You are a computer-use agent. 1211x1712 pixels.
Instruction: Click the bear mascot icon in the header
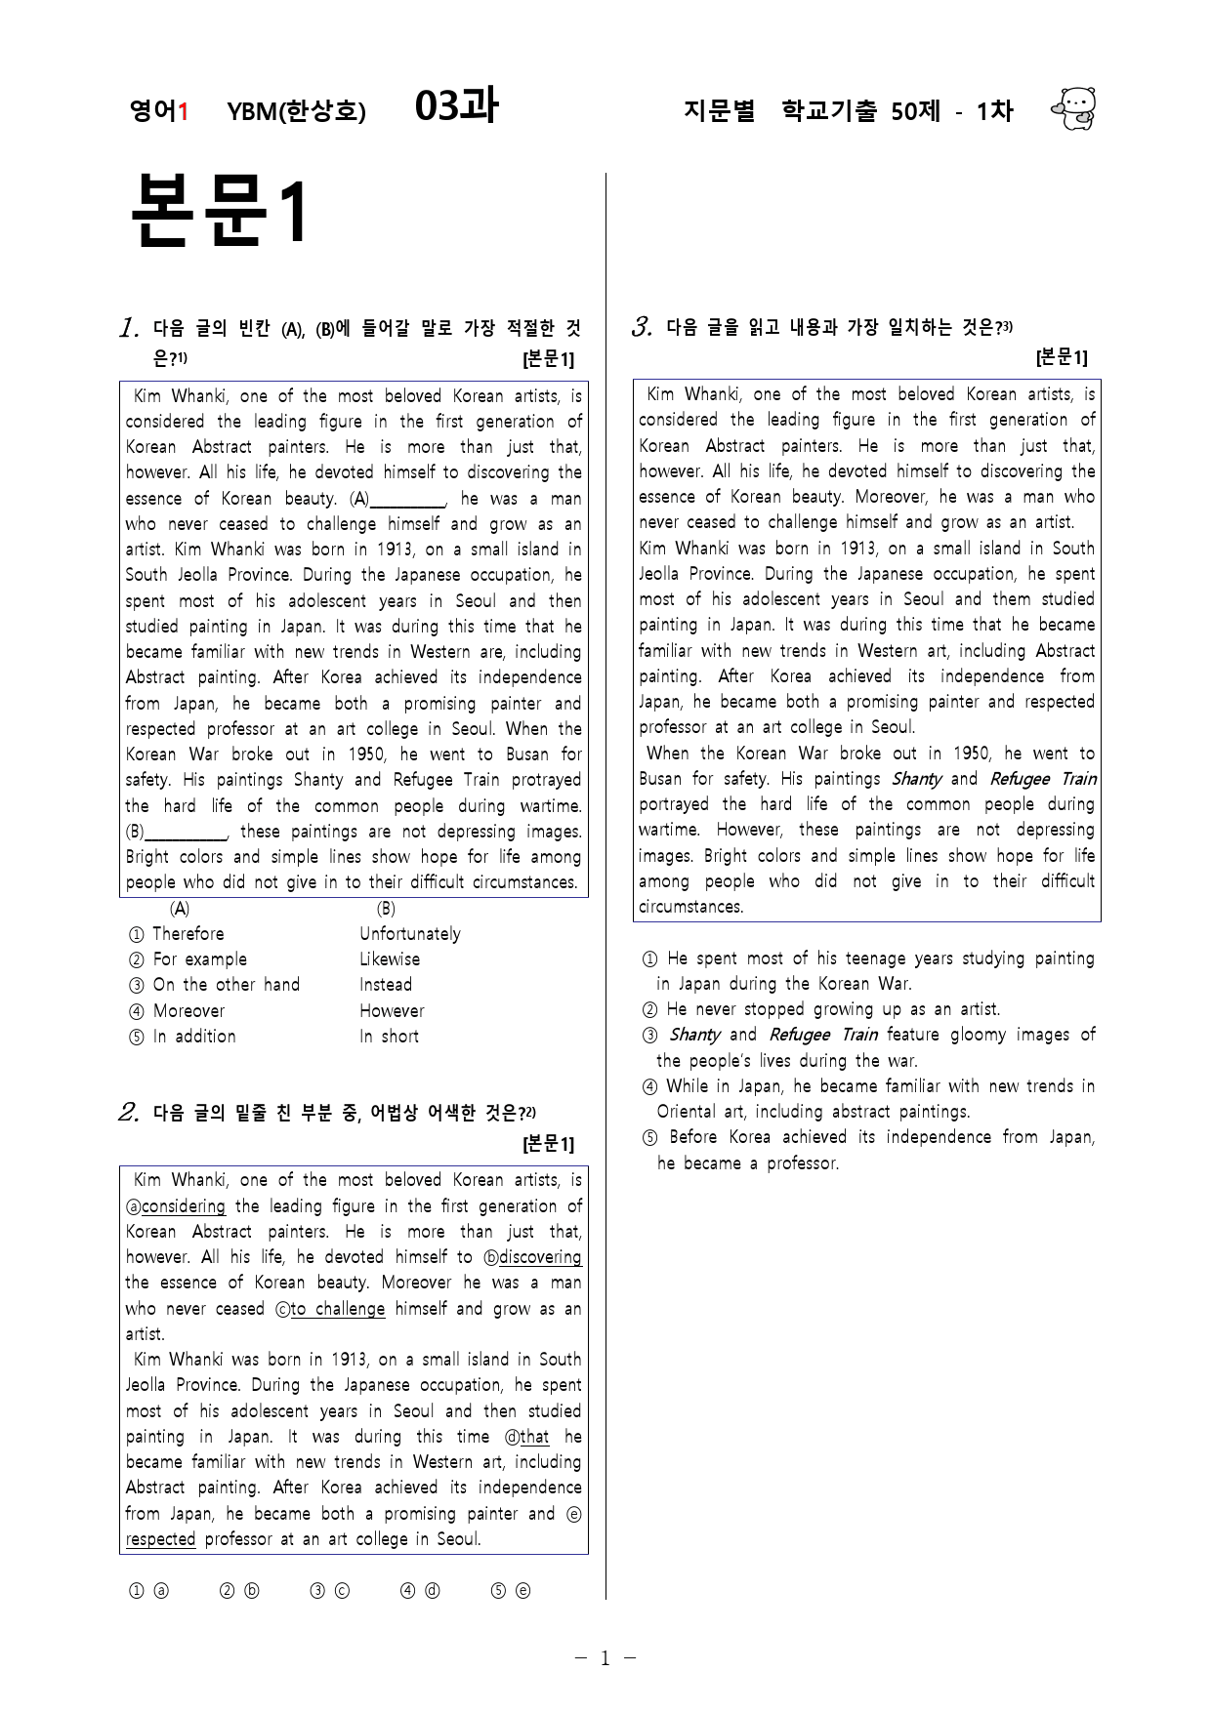pyautogui.click(x=1074, y=109)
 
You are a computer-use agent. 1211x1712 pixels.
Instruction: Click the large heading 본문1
pyautogui.click(x=219, y=211)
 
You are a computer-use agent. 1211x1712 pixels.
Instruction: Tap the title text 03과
pyautogui.click(x=456, y=106)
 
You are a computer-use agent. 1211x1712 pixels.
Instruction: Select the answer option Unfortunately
pyautogui.click(x=409, y=934)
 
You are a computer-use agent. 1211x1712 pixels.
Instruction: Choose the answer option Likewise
pyautogui.click(x=389, y=959)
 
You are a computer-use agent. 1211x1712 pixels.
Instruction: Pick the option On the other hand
pyautogui.click(x=226, y=985)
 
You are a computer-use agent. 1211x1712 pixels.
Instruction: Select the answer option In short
pyautogui.click(x=389, y=1037)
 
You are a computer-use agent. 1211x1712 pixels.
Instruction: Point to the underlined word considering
pyautogui.click(x=184, y=1206)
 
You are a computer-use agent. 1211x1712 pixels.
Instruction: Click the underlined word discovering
pyautogui.click(x=540, y=1257)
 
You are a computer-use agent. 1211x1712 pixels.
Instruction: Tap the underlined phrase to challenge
pyautogui.click(x=338, y=1309)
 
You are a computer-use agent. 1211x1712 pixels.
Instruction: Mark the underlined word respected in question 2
pyautogui.click(x=161, y=1539)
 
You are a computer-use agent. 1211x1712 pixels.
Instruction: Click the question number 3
pyautogui.click(x=642, y=327)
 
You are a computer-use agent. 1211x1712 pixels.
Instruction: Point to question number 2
pyautogui.click(x=128, y=1113)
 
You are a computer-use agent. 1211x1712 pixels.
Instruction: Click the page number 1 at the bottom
pyautogui.click(x=605, y=1657)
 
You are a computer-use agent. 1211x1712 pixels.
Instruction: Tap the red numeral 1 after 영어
pyautogui.click(x=183, y=111)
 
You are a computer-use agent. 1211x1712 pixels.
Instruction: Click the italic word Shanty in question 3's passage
pyautogui.click(x=916, y=779)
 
